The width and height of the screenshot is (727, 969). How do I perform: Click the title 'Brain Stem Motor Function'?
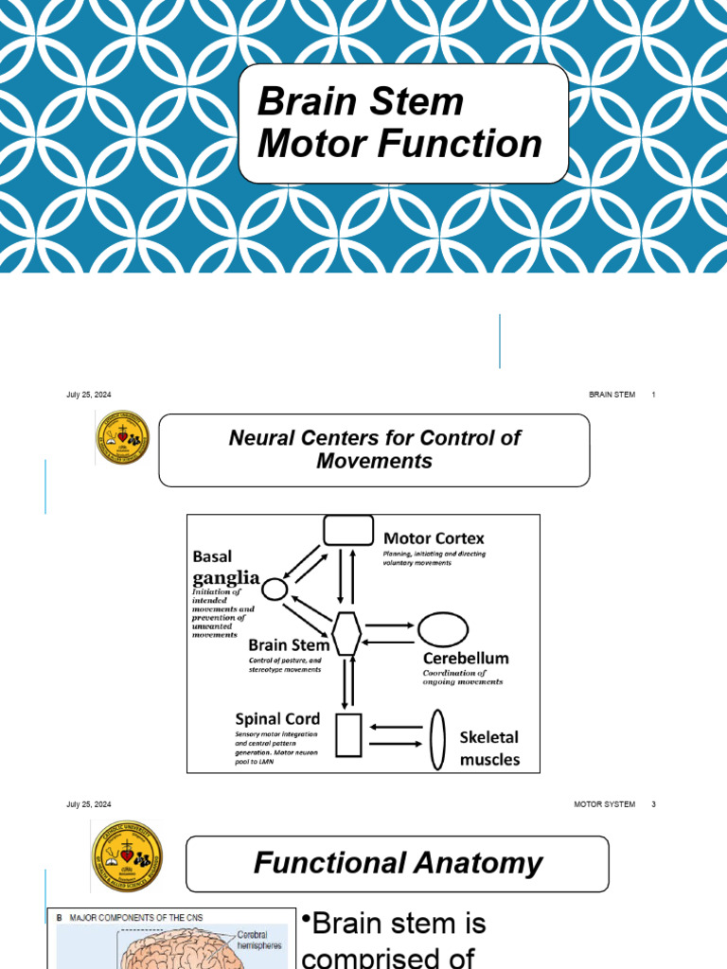pos(399,123)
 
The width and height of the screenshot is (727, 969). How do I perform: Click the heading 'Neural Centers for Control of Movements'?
pos(374,449)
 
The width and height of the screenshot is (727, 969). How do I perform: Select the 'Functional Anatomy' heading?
pos(398,863)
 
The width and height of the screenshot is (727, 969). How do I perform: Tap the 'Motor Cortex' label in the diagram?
pos(434,537)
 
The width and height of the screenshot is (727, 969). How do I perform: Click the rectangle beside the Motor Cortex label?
pos(347,530)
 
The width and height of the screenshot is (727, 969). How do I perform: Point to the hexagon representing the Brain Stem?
pos(347,632)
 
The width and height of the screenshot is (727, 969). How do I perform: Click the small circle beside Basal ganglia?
pos(274,590)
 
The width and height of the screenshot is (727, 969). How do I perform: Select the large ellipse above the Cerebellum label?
pos(443,629)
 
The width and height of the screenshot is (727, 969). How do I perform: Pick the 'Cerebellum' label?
pos(466,658)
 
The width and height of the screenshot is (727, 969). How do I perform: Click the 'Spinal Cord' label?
pos(277,718)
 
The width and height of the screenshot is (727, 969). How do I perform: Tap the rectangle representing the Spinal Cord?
pos(348,735)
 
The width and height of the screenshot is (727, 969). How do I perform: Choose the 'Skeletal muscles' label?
pos(489,748)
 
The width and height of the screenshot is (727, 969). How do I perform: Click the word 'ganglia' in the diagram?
pos(226,576)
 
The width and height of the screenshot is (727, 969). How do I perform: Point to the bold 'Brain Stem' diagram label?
pos(289,645)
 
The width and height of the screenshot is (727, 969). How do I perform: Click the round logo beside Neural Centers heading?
pos(122,437)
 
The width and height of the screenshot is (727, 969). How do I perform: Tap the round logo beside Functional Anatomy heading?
pos(127,855)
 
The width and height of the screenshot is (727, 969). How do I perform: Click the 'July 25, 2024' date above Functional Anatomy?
pos(89,804)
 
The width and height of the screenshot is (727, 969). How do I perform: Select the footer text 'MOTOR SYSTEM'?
pos(604,804)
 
